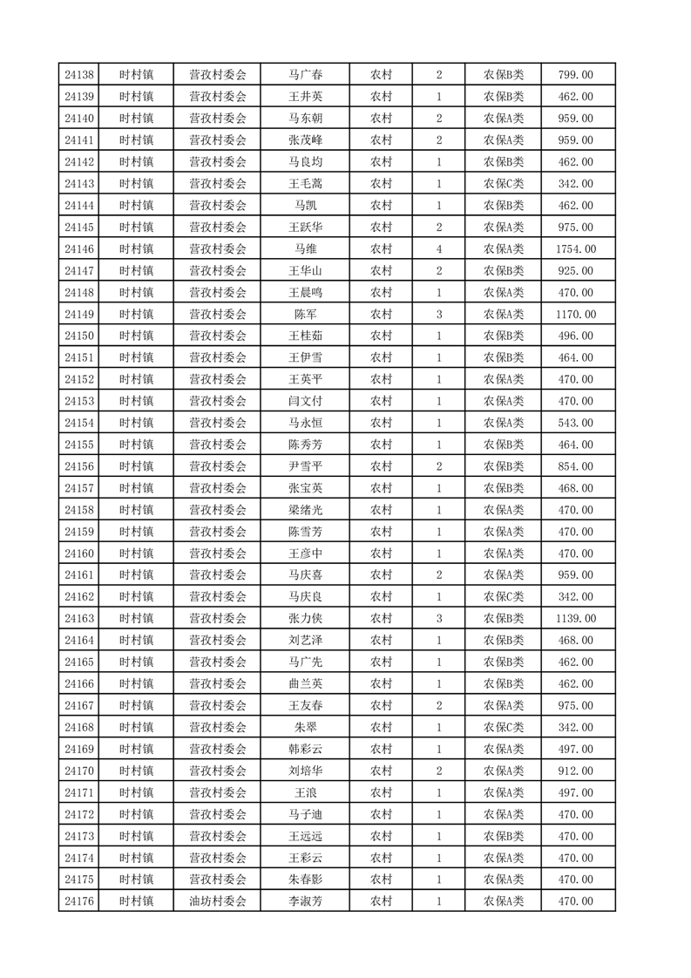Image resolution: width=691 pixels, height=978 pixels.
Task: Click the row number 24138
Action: [79, 75]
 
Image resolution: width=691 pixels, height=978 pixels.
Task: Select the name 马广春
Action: [305, 75]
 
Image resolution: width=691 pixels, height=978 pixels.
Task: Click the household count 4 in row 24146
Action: [438, 249]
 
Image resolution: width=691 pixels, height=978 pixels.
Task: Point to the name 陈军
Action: [305, 315]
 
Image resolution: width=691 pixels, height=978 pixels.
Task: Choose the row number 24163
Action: [79, 619]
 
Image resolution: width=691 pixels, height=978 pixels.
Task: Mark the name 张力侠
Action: [305, 619]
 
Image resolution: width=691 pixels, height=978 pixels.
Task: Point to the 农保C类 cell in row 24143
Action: [504, 184]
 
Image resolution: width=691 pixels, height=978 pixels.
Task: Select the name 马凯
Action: [305, 206]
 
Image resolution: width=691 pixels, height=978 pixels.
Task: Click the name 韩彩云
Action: [305, 750]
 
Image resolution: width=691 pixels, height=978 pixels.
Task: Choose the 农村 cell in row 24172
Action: [381, 815]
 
